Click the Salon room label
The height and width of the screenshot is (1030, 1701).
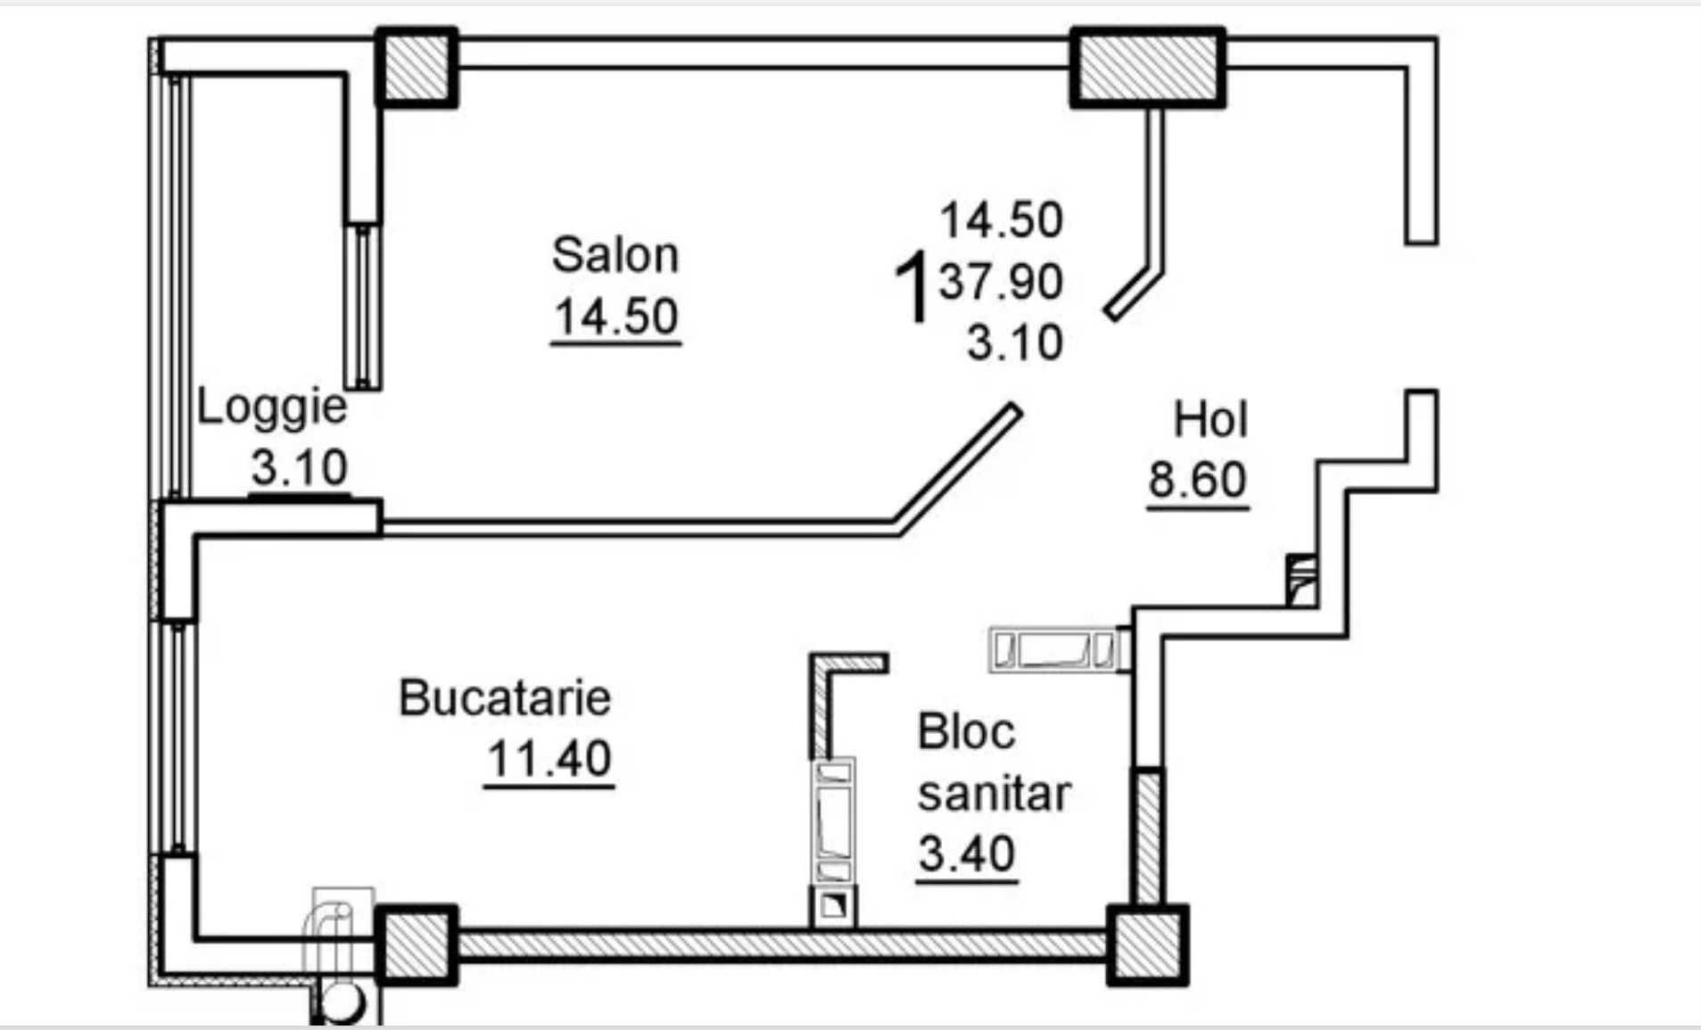pyautogui.click(x=615, y=255)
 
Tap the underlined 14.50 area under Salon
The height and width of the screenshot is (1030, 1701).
pyautogui.click(x=616, y=317)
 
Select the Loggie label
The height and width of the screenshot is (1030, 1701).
pyautogui.click(x=271, y=408)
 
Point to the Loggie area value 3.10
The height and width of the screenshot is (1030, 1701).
pyautogui.click(x=299, y=467)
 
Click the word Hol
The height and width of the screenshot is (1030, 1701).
pyautogui.click(x=1210, y=419)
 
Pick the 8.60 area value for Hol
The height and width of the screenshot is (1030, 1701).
pyautogui.click(x=1197, y=480)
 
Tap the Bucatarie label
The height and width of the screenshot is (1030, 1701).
pyautogui.click(x=505, y=697)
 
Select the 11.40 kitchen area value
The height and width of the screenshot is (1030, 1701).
pyautogui.click(x=549, y=759)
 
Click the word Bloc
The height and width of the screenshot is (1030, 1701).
pyautogui.click(x=966, y=732)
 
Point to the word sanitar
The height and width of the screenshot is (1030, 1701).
pyautogui.click(x=994, y=793)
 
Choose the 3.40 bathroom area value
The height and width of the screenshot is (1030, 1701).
pyautogui.click(x=967, y=853)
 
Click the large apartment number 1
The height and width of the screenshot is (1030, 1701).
pyautogui.click(x=913, y=287)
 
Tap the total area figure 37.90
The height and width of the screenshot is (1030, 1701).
pyautogui.click(x=1001, y=283)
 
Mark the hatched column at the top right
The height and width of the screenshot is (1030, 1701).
pyautogui.click(x=1148, y=68)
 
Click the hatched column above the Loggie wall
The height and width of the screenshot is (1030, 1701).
pyautogui.click(x=417, y=68)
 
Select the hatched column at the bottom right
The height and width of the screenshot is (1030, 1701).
pyautogui.click(x=1148, y=945)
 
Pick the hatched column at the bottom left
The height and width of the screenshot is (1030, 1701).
pyautogui.click(x=417, y=945)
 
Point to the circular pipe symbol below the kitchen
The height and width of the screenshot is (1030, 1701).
pyautogui.click(x=339, y=1002)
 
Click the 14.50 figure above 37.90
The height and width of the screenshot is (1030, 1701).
pyautogui.click(x=1002, y=220)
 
